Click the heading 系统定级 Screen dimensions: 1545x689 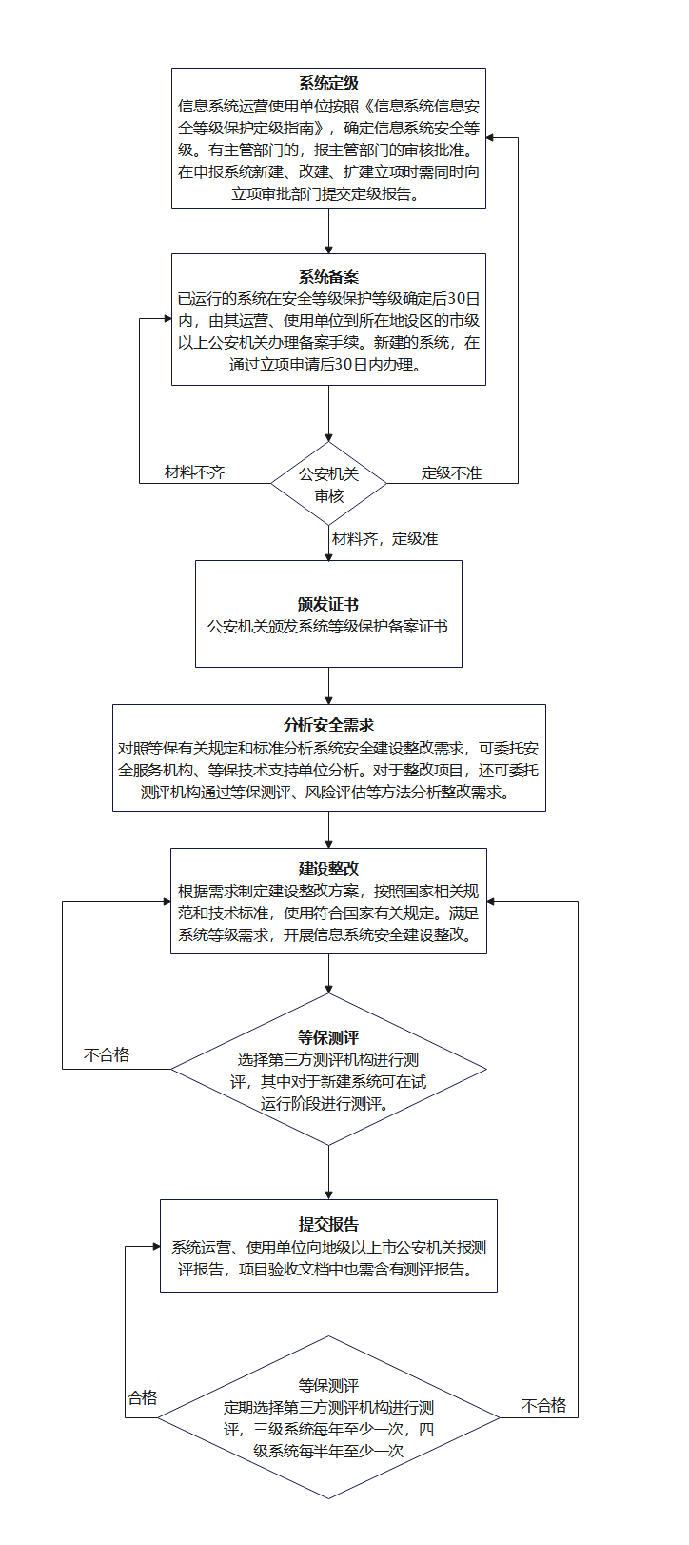[x=328, y=84]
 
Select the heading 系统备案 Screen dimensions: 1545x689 [x=328, y=277]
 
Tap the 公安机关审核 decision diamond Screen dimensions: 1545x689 [x=328, y=484]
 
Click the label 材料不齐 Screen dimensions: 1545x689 [x=195, y=472]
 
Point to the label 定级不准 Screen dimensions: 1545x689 [x=452, y=472]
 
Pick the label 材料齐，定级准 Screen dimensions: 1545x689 [x=384, y=539]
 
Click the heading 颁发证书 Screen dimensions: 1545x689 [x=328, y=604]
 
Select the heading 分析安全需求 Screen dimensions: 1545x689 [x=328, y=725]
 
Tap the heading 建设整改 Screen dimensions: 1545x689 [x=328, y=869]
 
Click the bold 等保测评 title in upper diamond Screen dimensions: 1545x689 [x=328, y=1037]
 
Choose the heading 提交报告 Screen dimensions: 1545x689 [x=328, y=1224]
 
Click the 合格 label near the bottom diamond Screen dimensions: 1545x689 [x=143, y=1397]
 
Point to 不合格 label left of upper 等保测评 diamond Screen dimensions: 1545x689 [x=107, y=1054]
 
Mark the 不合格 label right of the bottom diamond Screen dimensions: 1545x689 [x=543, y=1405]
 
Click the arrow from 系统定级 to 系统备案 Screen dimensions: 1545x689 [x=328, y=231]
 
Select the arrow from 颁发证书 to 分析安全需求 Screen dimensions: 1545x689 [x=328, y=686]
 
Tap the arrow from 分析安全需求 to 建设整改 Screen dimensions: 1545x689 [x=328, y=830]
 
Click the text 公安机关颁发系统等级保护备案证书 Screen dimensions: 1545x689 [x=328, y=627]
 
